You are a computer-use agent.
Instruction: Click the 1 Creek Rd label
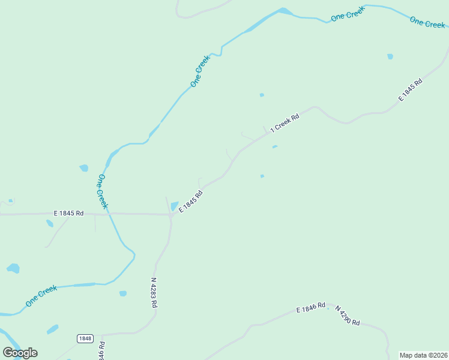285,122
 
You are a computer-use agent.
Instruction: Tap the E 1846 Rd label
310,308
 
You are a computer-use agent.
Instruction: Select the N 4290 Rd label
347,316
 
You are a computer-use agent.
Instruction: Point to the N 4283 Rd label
154,292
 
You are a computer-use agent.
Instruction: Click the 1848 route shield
85,338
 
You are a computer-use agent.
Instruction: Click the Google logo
20,352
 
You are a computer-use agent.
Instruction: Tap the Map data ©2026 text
423,355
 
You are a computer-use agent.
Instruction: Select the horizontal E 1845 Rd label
68,213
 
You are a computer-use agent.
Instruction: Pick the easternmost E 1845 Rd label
411,89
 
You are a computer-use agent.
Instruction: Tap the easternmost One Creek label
427,23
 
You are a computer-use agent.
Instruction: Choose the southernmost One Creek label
41,296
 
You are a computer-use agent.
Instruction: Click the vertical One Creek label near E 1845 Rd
103,191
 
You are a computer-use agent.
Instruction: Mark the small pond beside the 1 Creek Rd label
274,146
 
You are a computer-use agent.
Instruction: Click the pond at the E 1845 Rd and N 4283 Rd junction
175,206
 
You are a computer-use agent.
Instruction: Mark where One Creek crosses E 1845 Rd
109,213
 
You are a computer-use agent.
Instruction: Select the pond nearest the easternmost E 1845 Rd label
390,56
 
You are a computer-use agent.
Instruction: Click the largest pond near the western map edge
13,268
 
